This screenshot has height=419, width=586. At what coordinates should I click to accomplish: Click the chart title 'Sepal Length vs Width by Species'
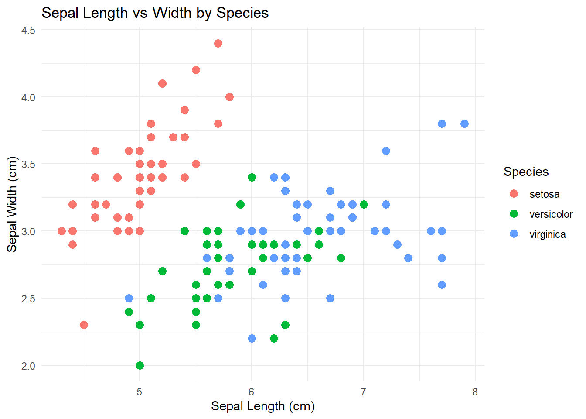click(155, 13)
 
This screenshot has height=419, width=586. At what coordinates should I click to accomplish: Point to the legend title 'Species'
click(526, 172)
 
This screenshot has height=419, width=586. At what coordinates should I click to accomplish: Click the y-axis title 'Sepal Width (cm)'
click(12, 204)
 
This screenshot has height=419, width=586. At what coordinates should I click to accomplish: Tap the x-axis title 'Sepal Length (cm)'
click(262, 406)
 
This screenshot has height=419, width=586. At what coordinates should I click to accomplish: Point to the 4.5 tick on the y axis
click(28, 30)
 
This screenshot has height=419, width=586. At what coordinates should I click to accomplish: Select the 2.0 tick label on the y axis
click(28, 366)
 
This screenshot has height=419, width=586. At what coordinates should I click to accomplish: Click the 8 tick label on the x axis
click(475, 392)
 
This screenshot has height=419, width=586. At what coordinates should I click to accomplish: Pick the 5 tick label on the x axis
click(140, 392)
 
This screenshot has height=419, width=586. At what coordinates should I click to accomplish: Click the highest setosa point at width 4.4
click(218, 43)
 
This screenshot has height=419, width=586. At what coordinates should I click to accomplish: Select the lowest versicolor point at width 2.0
click(140, 365)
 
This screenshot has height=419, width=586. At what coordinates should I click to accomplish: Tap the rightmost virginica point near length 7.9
click(464, 124)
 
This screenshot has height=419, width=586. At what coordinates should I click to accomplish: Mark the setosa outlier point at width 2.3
click(84, 325)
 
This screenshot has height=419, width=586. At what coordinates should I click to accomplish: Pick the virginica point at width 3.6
click(386, 151)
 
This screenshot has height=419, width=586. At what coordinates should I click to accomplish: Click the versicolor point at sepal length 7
click(364, 204)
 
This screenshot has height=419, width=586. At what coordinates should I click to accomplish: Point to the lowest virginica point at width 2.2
click(252, 338)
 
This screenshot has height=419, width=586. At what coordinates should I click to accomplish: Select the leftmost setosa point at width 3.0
click(61, 231)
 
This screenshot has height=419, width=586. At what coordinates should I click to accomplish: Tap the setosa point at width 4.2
click(196, 70)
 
